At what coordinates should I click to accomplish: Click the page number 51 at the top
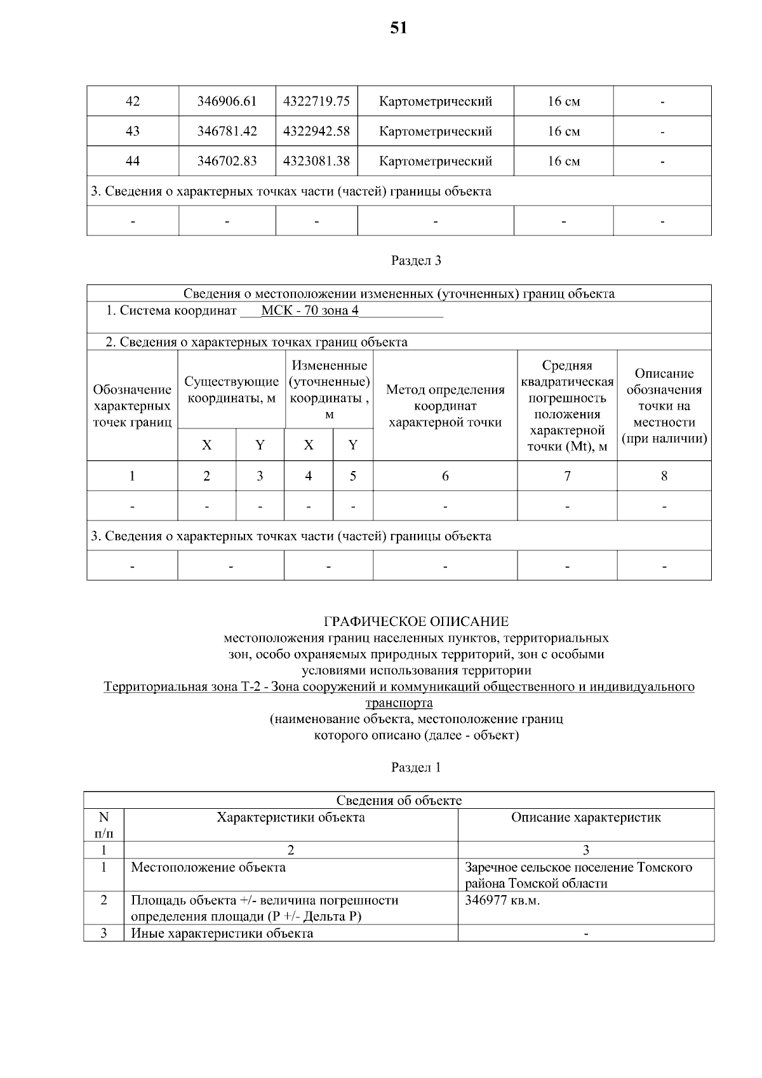pos(398,28)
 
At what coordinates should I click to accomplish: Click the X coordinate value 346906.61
pos(227,101)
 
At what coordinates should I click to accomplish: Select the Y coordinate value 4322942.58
pos(316,131)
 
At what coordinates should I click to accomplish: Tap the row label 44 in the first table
pos(133,161)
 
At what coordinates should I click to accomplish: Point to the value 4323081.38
pos(316,161)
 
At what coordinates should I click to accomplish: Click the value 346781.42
pos(227,131)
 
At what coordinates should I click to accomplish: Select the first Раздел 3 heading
pos(416,260)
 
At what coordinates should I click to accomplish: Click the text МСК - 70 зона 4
pos(310,311)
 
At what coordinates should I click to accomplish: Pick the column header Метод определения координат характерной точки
pos(445,406)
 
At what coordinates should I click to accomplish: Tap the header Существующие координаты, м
pos(231,390)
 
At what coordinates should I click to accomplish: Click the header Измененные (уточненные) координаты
pos(329,389)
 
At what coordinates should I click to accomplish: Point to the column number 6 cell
pos(445,476)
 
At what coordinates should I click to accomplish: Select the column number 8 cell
pos(664,476)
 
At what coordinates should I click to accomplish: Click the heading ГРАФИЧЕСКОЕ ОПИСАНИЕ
pos(416,622)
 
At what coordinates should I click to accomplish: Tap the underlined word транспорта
pos(399,703)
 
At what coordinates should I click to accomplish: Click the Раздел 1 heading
pos(416,768)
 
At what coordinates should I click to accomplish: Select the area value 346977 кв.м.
pos(502,900)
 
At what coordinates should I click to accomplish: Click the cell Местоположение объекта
pos(208,867)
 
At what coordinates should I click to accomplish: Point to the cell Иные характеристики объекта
pos(222,933)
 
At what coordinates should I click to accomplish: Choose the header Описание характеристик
pos(585,818)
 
